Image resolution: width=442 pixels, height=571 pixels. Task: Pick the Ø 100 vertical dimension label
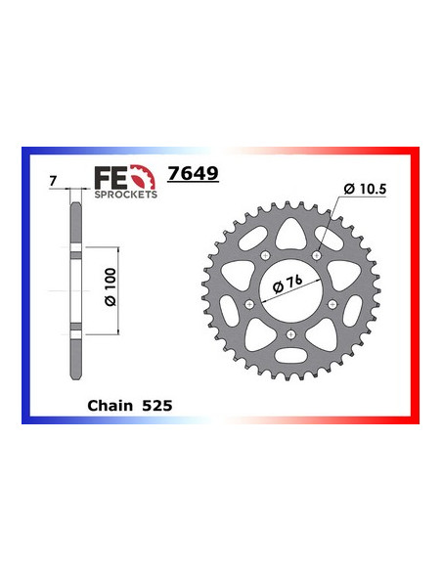coord(109,288)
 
